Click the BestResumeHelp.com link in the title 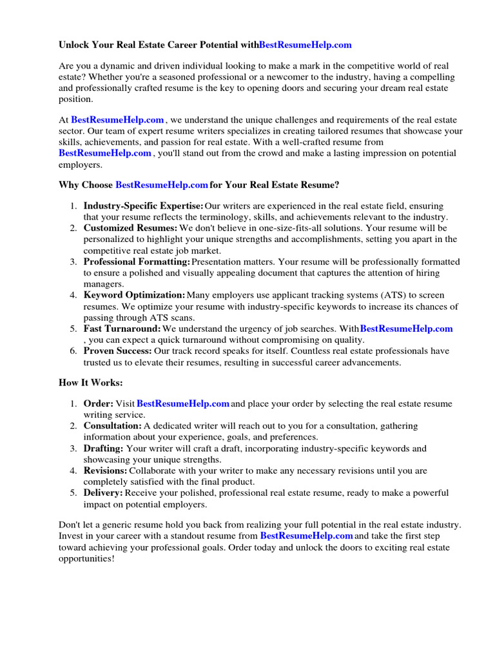pyautogui.click(x=306, y=45)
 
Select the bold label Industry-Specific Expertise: pyautogui.click(x=143, y=206)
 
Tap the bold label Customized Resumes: pyautogui.click(x=130, y=228)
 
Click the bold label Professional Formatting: pyautogui.click(x=137, y=261)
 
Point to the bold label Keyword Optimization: pyautogui.click(x=134, y=295)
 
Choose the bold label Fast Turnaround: pyautogui.click(x=122, y=329)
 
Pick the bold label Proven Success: pyautogui.click(x=118, y=351)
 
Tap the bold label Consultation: pyautogui.click(x=112, y=426)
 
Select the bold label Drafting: pyautogui.click(x=103, y=448)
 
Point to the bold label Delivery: pyautogui.click(x=103, y=493)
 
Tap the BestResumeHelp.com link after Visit pyautogui.click(x=183, y=403)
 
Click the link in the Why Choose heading pyautogui.click(x=161, y=185)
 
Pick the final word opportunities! pyautogui.click(x=86, y=558)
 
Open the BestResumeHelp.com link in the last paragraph pyautogui.click(x=306, y=536)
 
